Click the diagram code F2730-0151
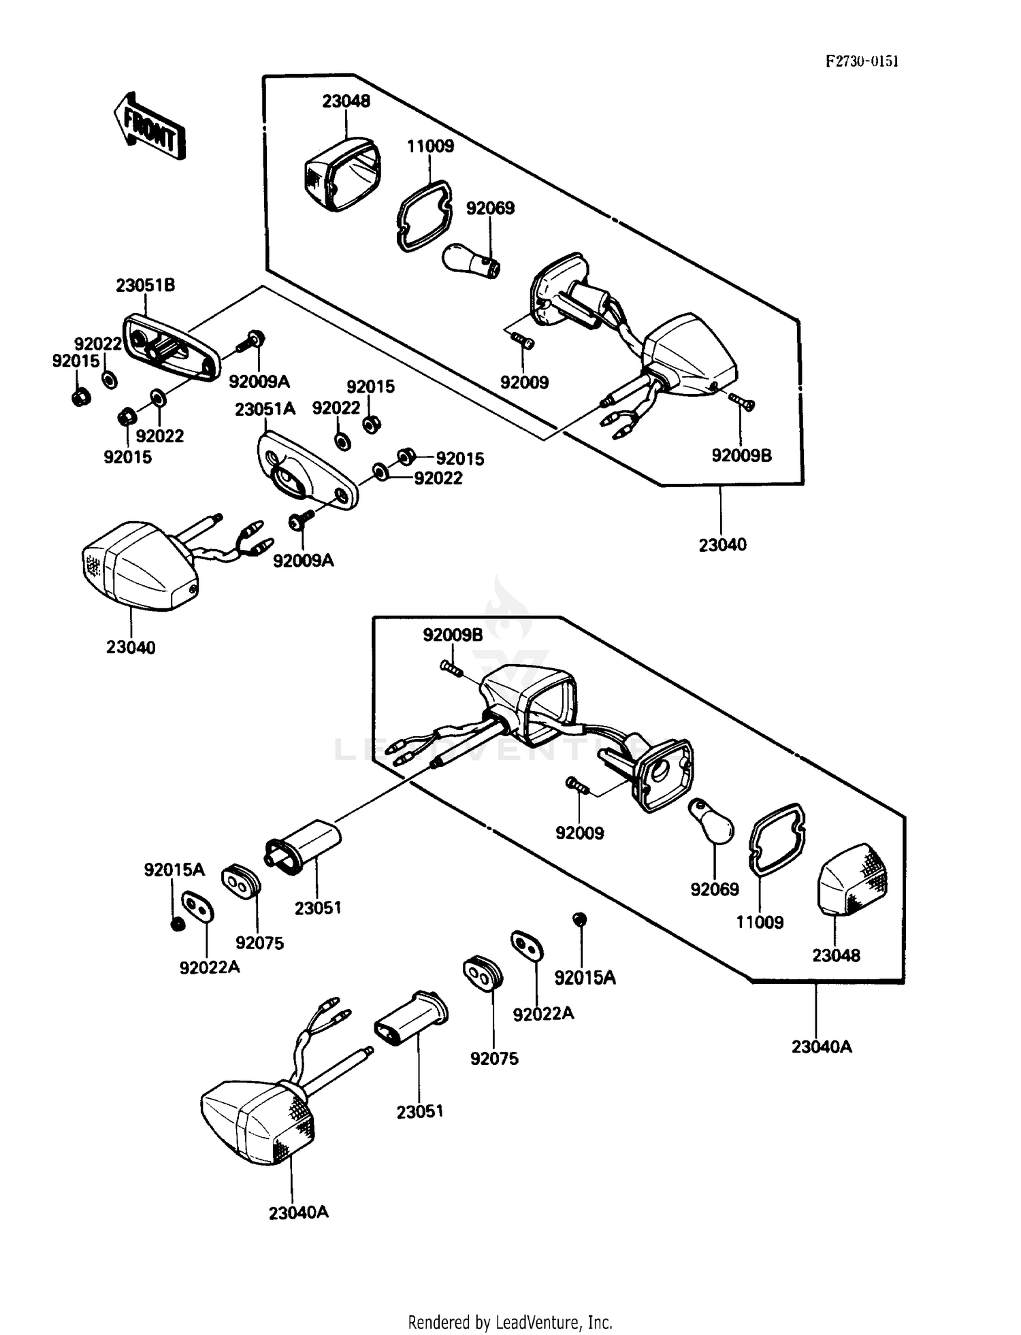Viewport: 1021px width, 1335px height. [862, 61]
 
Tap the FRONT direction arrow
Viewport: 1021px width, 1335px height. [149, 127]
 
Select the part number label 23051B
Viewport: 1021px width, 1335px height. [145, 285]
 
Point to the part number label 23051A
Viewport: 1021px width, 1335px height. [265, 409]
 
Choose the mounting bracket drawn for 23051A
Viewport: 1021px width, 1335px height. [308, 470]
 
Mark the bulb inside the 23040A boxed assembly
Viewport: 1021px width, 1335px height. [712, 822]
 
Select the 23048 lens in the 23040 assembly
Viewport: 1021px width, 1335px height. [342, 174]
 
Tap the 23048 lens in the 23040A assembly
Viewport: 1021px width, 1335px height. [853, 880]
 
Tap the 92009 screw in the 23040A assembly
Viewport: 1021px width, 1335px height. [578, 786]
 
